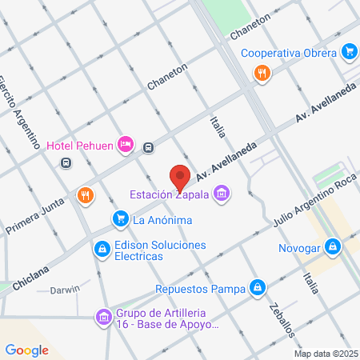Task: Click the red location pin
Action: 180,177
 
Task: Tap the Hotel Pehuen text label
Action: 79,145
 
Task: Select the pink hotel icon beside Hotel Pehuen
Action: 125,144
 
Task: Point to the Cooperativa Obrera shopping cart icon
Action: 349,52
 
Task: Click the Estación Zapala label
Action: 172,193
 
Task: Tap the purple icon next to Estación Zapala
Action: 223,193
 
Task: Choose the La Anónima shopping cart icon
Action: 121,218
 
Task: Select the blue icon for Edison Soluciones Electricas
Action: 101,250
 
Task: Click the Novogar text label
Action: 299,247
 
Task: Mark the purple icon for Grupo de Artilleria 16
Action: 102,318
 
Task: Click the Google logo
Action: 27,350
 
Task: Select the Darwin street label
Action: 65,290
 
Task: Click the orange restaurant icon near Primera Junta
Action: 85,194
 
